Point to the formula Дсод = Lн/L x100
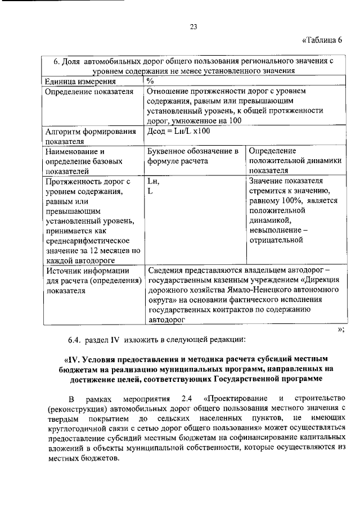pos(178,131)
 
